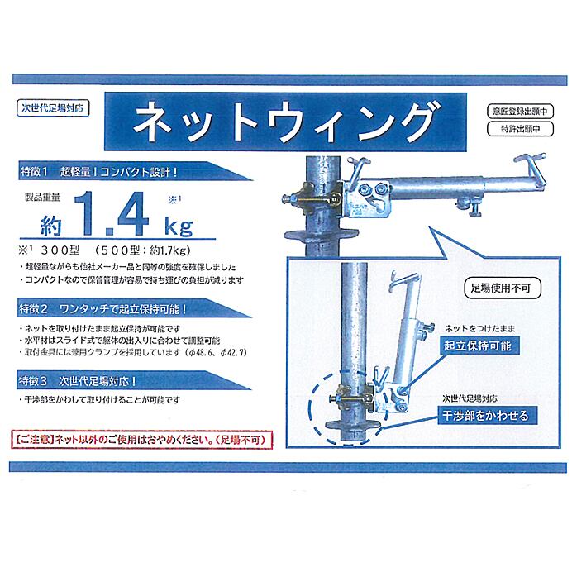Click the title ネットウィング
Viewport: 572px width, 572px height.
pos(286,122)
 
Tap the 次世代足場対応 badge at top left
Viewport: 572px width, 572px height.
pos(53,108)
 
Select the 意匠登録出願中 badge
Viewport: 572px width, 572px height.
pos(520,112)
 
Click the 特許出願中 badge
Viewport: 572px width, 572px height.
pos(520,129)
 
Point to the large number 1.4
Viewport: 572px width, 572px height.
pos(112,214)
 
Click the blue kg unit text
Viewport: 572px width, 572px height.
pos(179,226)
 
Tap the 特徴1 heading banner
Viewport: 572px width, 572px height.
pos(136,171)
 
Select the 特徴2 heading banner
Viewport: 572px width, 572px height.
pos(135,308)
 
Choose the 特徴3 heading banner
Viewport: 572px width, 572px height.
pos(134,381)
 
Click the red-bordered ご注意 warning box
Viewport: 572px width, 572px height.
pos(142,440)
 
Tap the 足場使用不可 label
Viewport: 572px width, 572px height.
pos(501,288)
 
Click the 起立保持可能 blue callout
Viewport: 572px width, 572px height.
pos(478,346)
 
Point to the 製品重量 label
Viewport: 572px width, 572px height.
pos(42,198)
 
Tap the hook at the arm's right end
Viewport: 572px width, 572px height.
pos(531,167)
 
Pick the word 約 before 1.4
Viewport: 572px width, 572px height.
pos(50,226)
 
